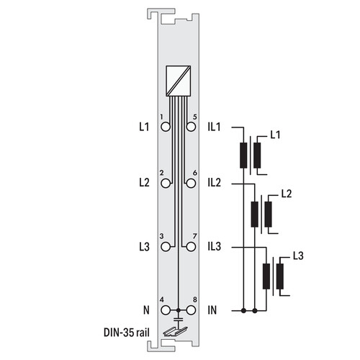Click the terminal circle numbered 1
pos(166,127)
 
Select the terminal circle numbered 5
pos(191,127)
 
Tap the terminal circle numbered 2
pos(166,184)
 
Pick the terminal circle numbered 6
pos(191,184)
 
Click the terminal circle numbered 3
pos(166,247)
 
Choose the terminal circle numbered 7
pos(191,247)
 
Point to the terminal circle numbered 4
pos(166,310)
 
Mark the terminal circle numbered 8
pos(191,310)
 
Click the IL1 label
pos(214,127)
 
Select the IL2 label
pos(215,183)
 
